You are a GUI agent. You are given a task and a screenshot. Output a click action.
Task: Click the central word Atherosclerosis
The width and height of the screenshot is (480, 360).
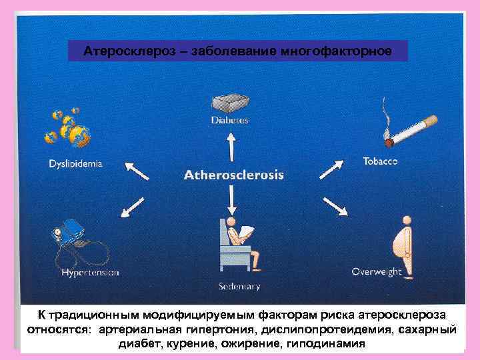point(233,175)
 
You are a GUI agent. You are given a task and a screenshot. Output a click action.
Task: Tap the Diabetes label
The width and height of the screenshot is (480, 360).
point(229,121)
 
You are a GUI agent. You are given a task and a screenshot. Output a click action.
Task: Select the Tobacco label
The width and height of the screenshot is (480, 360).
point(381,161)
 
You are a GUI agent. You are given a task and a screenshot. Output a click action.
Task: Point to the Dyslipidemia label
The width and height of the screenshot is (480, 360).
point(75,163)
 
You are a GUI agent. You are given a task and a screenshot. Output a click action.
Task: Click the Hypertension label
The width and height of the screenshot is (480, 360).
point(90,272)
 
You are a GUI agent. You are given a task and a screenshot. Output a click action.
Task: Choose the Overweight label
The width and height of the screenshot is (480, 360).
point(377,271)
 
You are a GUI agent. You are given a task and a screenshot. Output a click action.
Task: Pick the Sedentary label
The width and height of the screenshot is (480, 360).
point(239,287)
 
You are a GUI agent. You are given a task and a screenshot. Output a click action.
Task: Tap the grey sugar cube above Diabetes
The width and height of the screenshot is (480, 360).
point(230,102)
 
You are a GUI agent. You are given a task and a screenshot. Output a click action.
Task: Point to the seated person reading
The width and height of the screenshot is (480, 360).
point(239,243)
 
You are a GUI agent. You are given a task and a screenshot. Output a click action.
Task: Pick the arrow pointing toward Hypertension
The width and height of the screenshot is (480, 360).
point(133,208)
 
